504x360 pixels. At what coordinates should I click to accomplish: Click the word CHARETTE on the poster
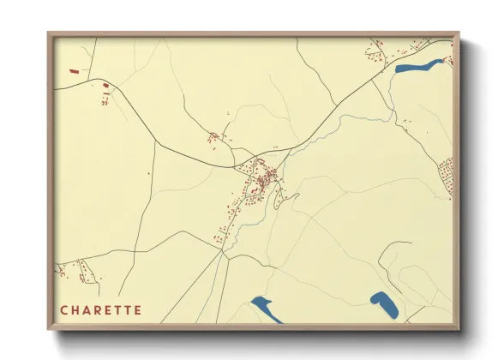100,309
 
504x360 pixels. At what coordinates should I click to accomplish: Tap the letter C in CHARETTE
64,309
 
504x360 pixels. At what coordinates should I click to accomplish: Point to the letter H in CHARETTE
75,309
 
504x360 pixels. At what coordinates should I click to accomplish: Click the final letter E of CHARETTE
136,309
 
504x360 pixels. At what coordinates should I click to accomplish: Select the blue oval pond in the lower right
382,303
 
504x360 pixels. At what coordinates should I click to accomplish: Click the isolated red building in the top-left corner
73,72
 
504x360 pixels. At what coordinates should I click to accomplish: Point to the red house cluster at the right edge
447,175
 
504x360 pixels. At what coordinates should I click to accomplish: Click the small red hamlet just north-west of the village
215,136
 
